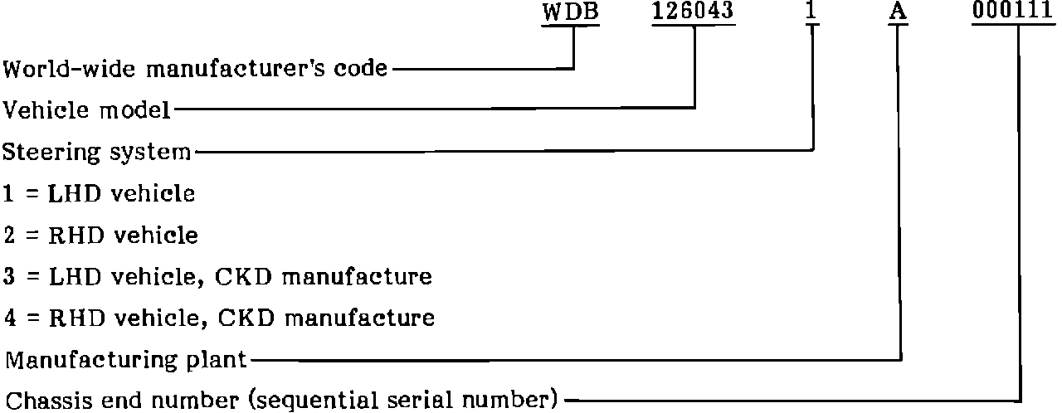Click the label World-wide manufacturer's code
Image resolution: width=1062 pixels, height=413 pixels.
[x=196, y=68]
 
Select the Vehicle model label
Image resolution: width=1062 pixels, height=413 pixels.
[x=87, y=109]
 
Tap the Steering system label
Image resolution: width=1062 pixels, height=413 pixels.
[x=97, y=153]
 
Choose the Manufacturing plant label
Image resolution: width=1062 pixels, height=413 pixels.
[x=126, y=360]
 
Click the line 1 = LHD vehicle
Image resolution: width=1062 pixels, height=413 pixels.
[x=99, y=194]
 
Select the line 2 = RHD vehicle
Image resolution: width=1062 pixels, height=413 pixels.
[x=100, y=236]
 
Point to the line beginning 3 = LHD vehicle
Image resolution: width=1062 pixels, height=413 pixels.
[x=217, y=276]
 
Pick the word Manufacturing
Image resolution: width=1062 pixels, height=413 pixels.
[x=90, y=360]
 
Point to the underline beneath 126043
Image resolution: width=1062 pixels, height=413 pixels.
[x=694, y=24]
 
